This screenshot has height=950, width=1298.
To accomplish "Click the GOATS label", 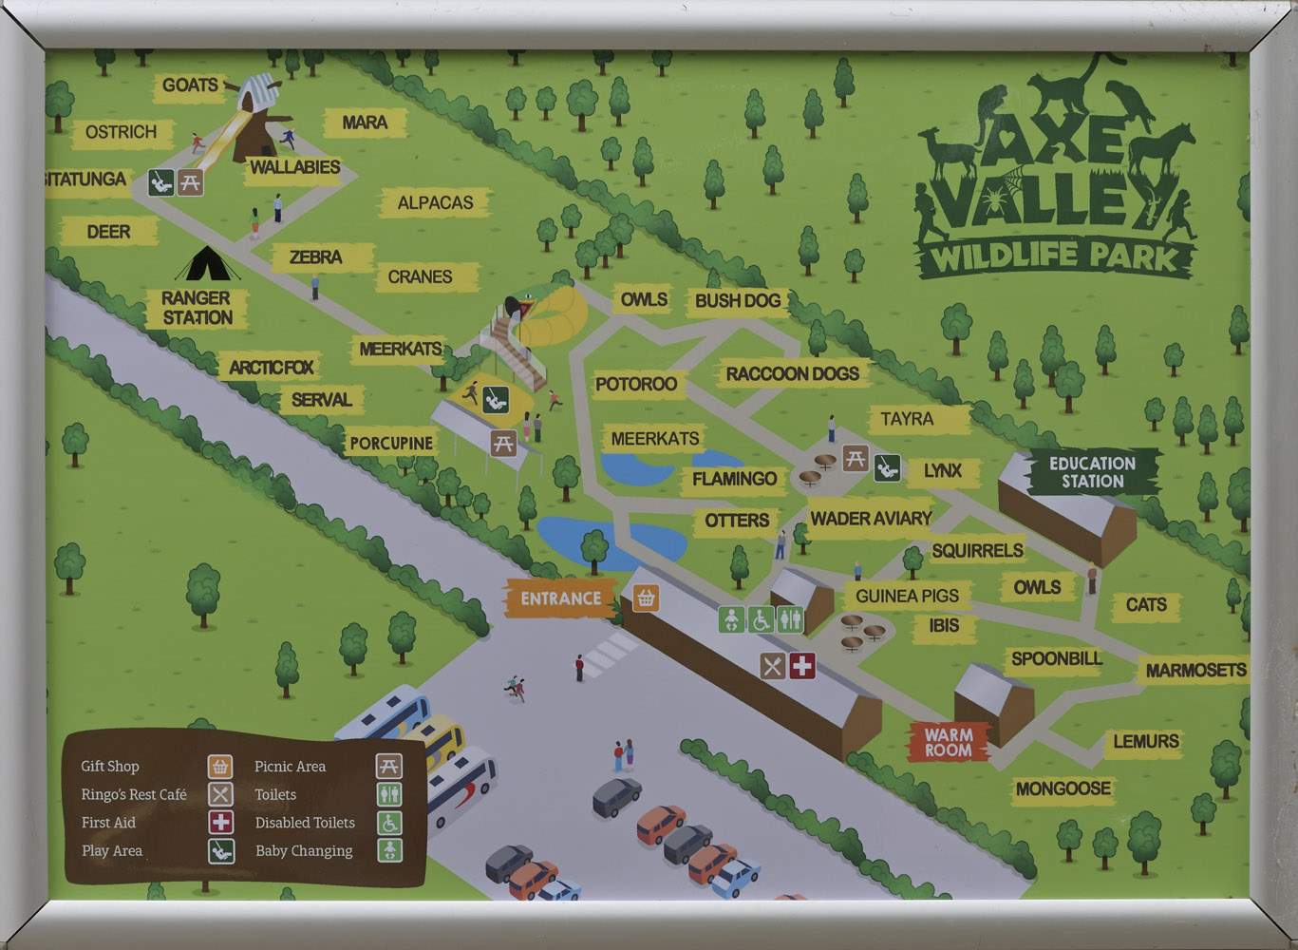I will click(x=190, y=85).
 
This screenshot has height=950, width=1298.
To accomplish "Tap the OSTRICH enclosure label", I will click(x=121, y=132).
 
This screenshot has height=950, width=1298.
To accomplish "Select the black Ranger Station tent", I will click(x=206, y=264).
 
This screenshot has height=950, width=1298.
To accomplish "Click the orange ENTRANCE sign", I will click(x=560, y=598).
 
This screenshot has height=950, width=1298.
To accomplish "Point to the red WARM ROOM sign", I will click(x=948, y=742).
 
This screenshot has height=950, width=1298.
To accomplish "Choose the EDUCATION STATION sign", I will click(x=1092, y=472).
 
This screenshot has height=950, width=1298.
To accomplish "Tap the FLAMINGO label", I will click(x=734, y=479).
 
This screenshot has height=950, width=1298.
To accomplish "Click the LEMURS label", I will click(x=1145, y=741).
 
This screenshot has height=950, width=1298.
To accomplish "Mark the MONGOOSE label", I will click(x=1063, y=788).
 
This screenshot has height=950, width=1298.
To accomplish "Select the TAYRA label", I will click(x=906, y=419).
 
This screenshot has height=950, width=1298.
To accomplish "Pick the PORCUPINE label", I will click(x=391, y=443).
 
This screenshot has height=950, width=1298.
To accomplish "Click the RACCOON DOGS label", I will click(x=792, y=374).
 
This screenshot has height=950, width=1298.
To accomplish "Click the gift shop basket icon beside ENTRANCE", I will click(x=646, y=598).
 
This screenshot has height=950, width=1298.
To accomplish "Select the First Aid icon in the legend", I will click(x=220, y=823).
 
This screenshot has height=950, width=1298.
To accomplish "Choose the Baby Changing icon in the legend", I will click(x=389, y=850).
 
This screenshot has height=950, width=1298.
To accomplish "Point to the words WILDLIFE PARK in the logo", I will click(x=1054, y=256).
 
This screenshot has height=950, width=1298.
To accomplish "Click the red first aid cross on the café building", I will click(x=802, y=666).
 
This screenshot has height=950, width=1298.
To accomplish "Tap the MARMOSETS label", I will click(x=1195, y=671).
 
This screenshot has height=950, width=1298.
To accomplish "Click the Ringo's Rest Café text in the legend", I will click(x=134, y=794).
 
